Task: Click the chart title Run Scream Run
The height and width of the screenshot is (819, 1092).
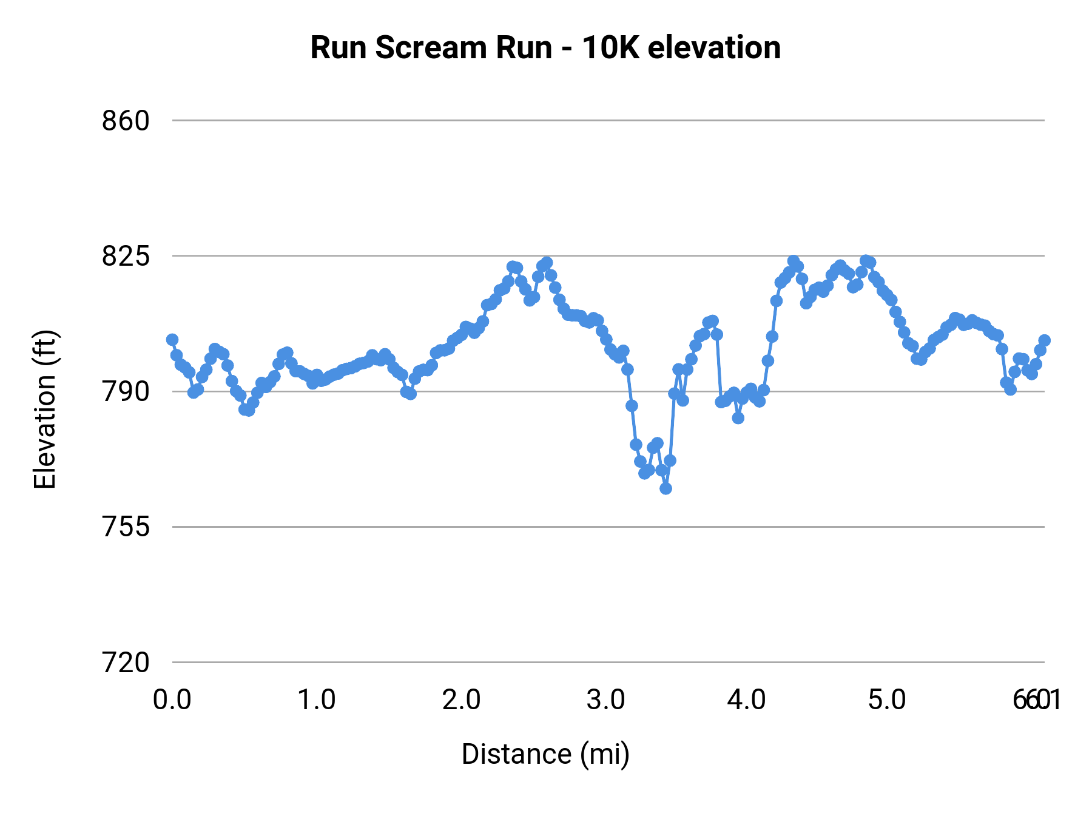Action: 545,47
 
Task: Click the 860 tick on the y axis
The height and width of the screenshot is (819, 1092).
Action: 126,121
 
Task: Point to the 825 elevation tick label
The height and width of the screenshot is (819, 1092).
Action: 126,256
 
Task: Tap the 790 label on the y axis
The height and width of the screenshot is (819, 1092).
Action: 126,391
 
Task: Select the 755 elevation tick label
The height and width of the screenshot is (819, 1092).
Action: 126,527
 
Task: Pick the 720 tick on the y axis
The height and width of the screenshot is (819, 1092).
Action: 126,662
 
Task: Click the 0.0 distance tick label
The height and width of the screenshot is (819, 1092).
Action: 172,700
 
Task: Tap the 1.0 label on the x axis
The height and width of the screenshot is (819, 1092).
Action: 317,700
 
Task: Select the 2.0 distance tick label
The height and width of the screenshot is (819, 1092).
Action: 461,700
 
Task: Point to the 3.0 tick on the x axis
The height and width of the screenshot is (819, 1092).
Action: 605,700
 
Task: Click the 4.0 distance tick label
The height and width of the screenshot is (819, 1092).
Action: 747,700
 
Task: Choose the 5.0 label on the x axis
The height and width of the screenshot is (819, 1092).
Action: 887,700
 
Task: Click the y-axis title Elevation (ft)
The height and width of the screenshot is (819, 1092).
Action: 45,409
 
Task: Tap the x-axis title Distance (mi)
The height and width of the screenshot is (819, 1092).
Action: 545,754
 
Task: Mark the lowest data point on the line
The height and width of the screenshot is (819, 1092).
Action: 666,488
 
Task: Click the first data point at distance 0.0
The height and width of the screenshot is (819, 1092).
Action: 172,340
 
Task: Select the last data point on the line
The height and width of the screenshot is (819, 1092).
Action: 1044,340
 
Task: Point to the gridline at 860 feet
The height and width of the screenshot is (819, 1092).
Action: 607,121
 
